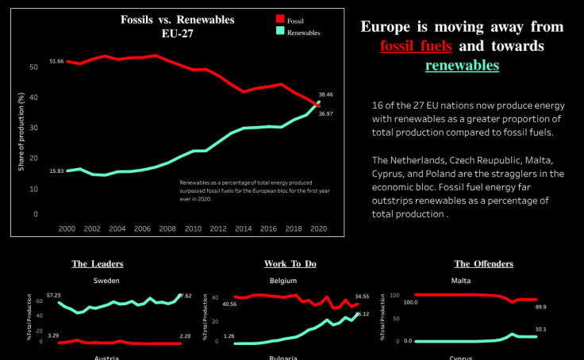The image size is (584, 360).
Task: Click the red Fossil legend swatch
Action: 279,19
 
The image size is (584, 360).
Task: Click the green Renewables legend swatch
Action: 279,32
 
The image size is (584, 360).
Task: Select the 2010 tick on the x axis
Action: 192,228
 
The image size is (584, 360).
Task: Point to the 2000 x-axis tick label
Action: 67,228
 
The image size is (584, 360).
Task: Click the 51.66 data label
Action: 56,61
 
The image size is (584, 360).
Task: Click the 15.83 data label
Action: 56,170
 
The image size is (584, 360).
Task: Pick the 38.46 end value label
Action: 325,94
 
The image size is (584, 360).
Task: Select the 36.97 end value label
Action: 325,113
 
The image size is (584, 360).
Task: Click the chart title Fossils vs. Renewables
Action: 167,19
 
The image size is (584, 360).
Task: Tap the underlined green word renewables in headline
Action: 462,65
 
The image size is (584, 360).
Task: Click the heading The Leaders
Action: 98,263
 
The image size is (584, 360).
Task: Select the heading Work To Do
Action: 289,263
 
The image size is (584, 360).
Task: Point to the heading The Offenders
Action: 483,263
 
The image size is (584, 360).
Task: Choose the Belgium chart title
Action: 282,281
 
